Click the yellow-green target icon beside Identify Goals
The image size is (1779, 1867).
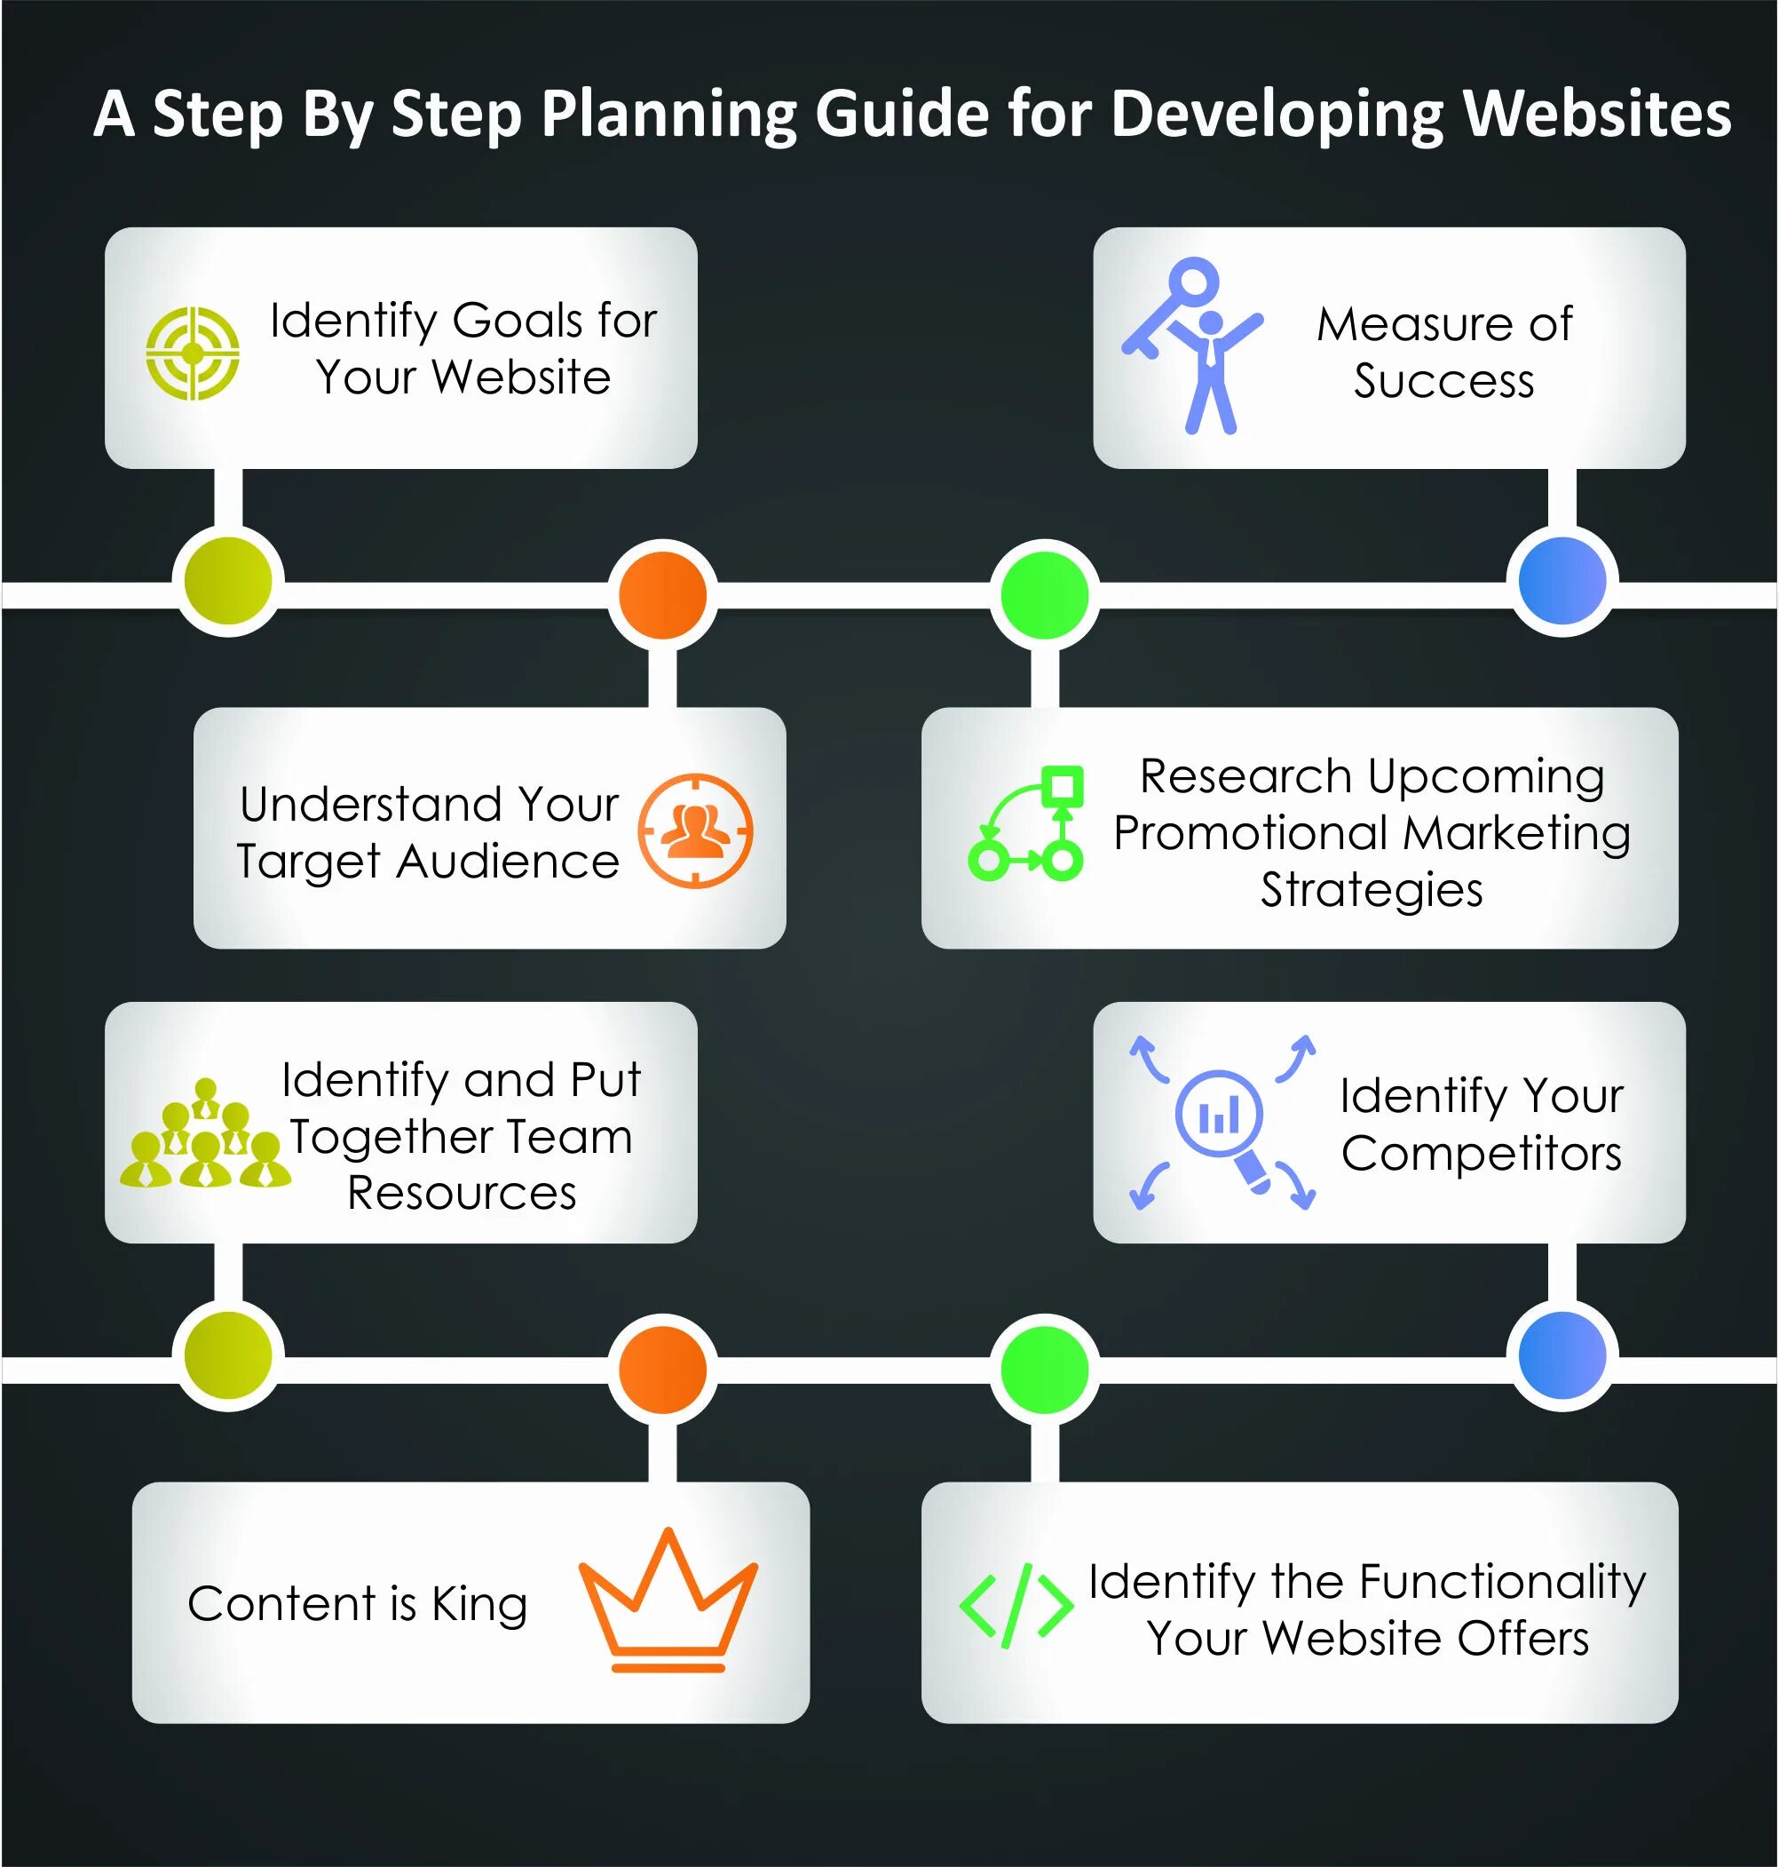tap(193, 353)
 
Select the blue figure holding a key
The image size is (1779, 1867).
tap(1194, 346)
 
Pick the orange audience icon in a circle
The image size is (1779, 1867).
tap(695, 830)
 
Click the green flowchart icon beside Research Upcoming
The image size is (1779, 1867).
tap(1026, 822)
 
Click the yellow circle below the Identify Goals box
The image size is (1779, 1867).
tap(228, 581)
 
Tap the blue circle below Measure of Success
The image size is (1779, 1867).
tap(1562, 581)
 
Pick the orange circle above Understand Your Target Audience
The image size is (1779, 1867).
tap(663, 595)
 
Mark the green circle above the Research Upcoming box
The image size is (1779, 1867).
tap(1044, 595)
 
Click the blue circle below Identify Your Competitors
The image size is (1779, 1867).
tap(1562, 1355)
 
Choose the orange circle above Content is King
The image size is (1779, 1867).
tap(663, 1369)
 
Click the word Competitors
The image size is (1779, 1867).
tap(1482, 1154)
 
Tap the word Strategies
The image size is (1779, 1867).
tap(1372, 890)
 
